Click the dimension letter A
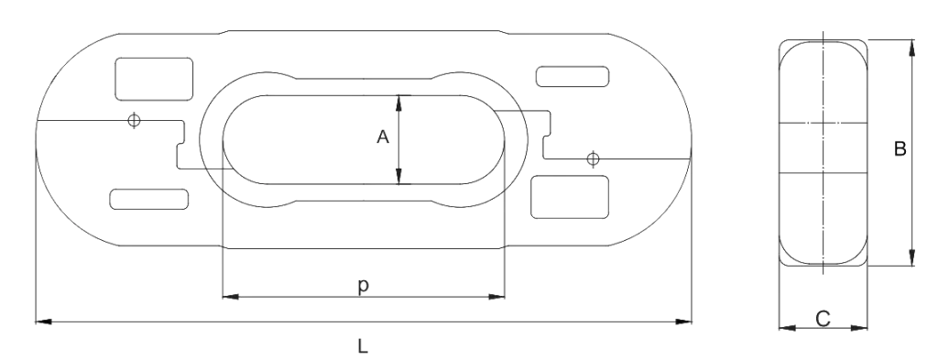pyautogui.click(x=383, y=137)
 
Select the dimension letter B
pyautogui.click(x=900, y=148)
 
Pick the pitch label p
pyautogui.click(x=364, y=286)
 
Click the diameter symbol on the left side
pyautogui.click(x=135, y=122)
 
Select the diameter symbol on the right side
pyautogui.click(x=593, y=159)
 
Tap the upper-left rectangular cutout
pyautogui.click(x=154, y=78)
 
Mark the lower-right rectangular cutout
pyautogui.click(x=571, y=196)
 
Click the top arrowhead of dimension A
pyautogui.click(x=399, y=100)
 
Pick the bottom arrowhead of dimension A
pyautogui.click(x=399, y=177)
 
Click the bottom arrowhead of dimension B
pyautogui.click(x=911, y=259)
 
